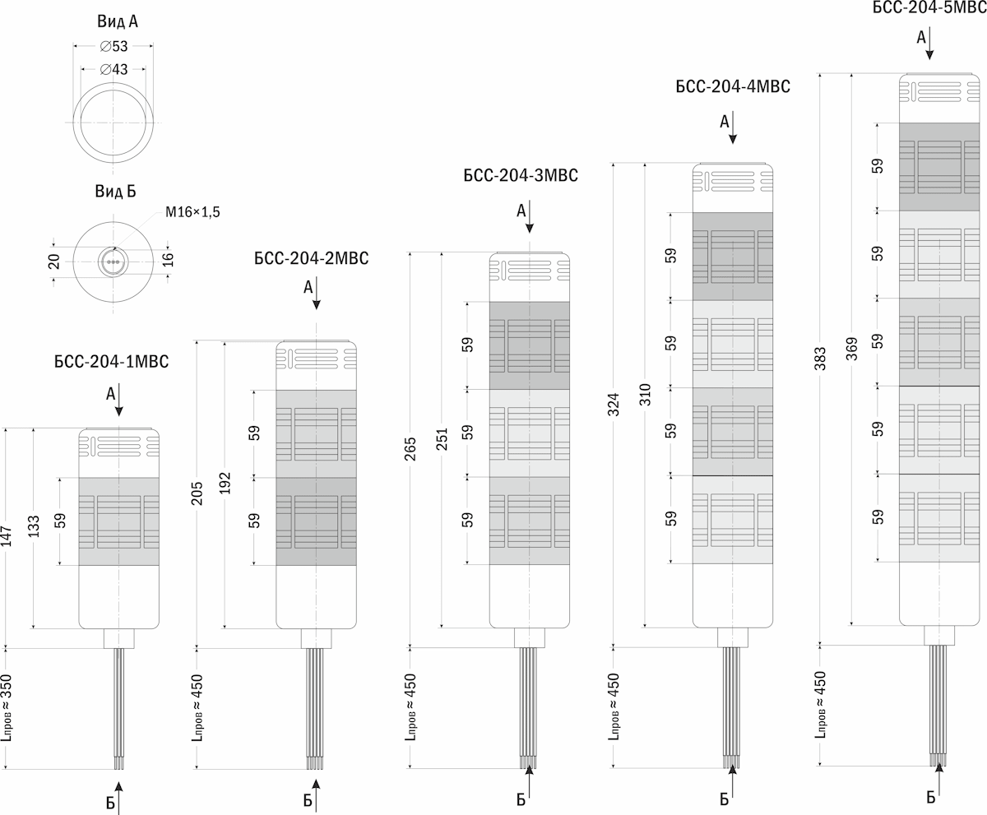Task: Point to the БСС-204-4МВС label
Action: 732,86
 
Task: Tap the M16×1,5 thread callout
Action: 192,212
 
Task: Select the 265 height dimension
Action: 410,448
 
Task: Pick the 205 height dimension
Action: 197,493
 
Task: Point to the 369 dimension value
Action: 852,349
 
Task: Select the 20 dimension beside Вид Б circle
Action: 54,262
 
